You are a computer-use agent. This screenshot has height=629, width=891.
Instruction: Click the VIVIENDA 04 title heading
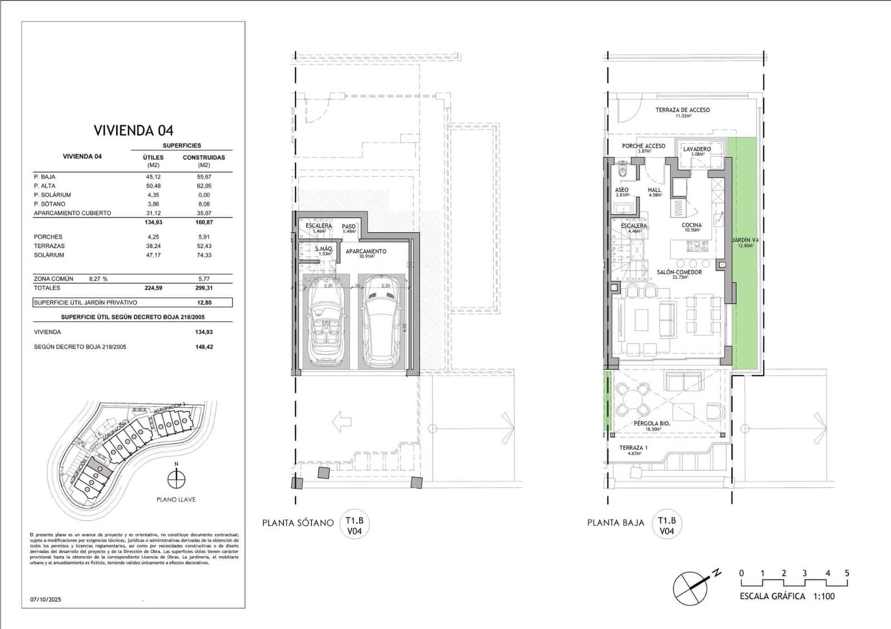133,130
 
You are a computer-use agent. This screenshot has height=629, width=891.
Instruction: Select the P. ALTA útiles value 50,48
153,186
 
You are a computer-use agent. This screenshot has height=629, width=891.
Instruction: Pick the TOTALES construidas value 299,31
204,288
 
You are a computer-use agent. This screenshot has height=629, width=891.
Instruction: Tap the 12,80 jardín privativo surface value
204,303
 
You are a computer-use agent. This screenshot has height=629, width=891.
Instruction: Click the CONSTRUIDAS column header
204,158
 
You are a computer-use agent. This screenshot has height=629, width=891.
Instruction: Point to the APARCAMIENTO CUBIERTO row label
72,213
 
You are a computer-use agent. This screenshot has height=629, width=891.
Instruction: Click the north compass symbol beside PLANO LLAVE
177,479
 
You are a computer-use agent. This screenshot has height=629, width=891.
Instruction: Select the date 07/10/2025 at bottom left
46,599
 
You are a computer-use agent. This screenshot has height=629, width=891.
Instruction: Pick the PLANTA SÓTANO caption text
298,523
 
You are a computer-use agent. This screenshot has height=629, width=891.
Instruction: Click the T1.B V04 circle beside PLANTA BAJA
667,525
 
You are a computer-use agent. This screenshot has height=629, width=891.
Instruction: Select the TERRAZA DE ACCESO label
682,110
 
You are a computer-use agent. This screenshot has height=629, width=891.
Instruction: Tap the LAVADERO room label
697,149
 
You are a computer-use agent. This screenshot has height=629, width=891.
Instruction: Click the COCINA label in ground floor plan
692,225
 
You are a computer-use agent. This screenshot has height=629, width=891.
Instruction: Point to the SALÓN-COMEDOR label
679,272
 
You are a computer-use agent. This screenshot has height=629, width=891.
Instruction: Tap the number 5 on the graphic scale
846,573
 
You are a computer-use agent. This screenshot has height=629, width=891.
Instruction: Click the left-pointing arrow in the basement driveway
342,422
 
